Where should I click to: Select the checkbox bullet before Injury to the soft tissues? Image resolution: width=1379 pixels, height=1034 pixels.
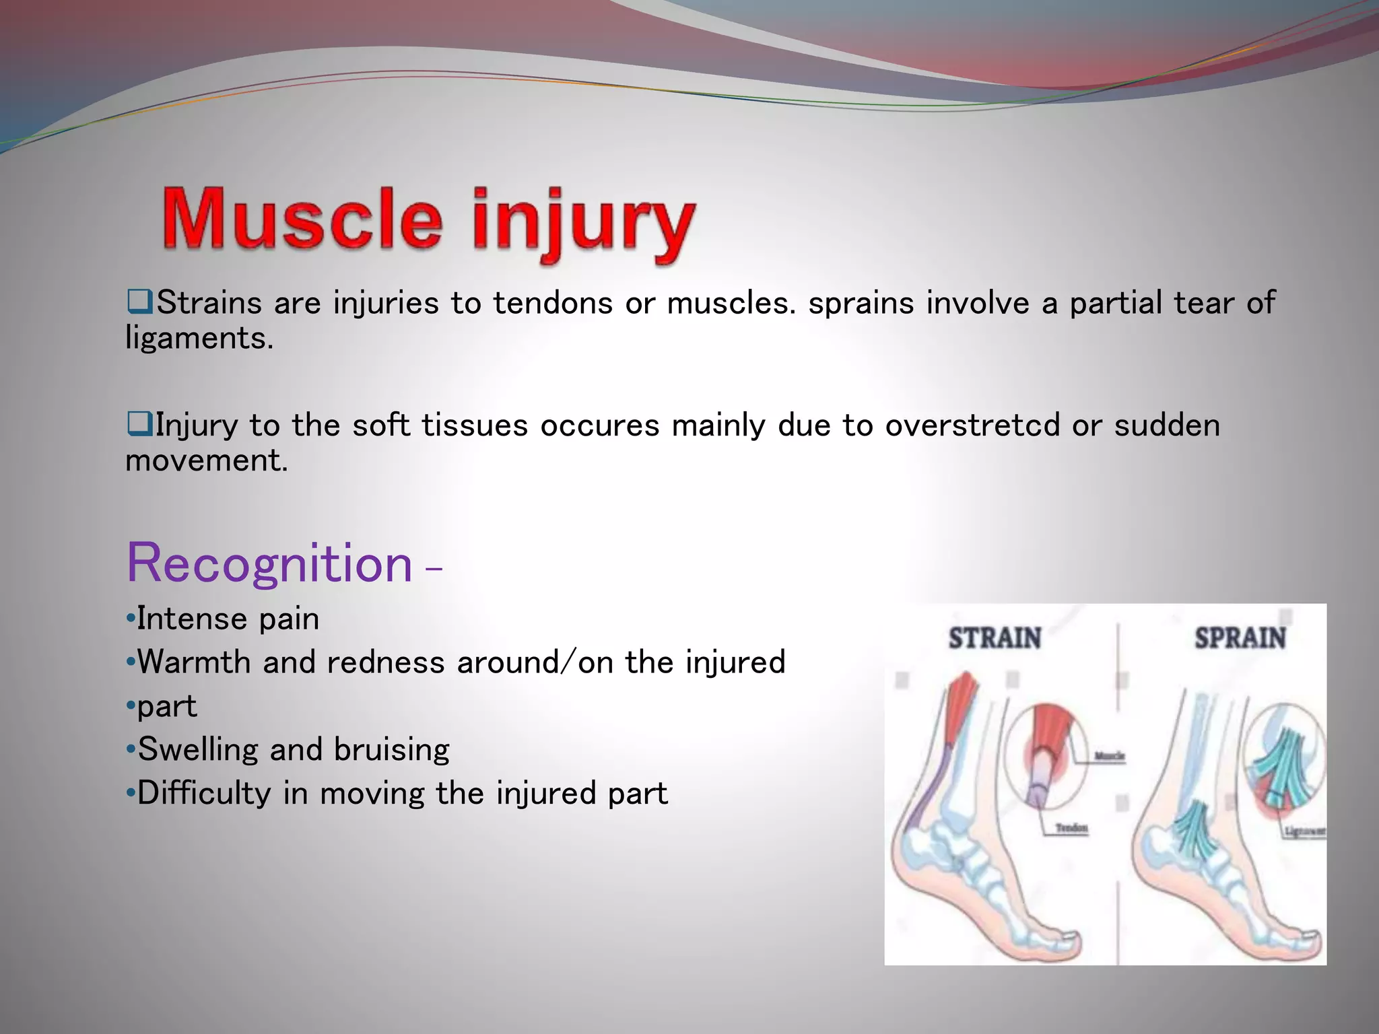(139, 424)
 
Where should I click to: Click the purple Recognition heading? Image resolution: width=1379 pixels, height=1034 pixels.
(269, 564)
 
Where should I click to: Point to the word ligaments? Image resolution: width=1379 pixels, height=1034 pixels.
(199, 338)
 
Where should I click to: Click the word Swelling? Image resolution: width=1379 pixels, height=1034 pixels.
(197, 750)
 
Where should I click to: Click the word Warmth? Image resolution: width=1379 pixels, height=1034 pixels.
(193, 662)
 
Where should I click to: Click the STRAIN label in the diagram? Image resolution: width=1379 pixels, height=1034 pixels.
(995, 638)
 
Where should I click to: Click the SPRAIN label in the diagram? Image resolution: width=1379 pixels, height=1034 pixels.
(1240, 638)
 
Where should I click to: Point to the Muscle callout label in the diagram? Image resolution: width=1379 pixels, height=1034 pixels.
(1109, 757)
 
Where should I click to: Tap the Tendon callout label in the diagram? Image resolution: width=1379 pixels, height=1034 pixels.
(1071, 828)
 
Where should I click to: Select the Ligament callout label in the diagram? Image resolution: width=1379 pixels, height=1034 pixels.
(1305, 832)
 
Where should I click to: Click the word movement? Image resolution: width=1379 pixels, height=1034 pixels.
(206, 461)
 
